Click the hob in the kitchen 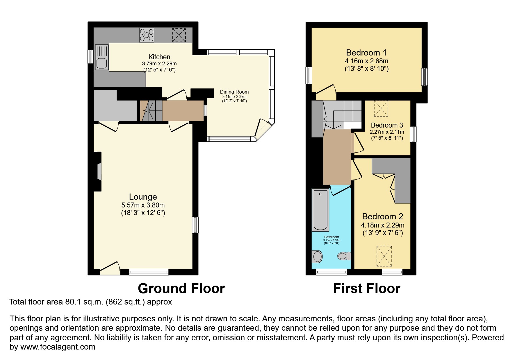click(147, 35)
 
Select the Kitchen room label click(159, 57)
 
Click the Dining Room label click(234, 92)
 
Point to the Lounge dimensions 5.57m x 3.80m click(143, 205)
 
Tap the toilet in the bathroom click(344, 256)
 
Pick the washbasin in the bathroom click(317, 256)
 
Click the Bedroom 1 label click(366, 53)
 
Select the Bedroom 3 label click(387, 125)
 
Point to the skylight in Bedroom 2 click(384, 256)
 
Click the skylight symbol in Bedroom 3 click(381, 108)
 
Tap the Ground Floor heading click(181, 289)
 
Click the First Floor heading click(366, 289)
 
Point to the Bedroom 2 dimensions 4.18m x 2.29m click(382, 225)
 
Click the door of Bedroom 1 click(326, 90)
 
